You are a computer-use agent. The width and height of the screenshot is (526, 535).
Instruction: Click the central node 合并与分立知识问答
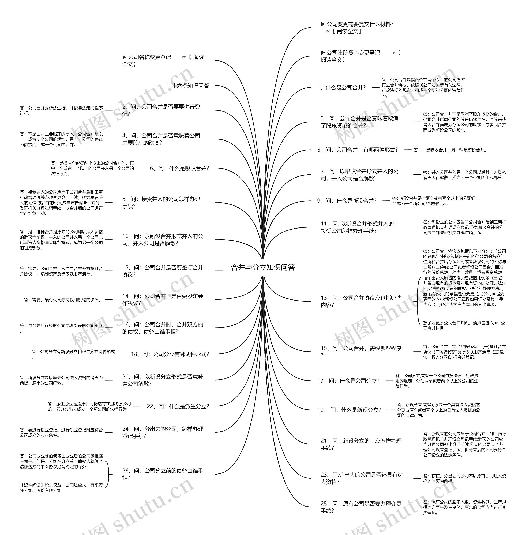tap(263, 267)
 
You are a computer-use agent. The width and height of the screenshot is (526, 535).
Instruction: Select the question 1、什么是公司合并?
tap(341, 88)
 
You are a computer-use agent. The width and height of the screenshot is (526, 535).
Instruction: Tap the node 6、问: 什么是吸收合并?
tap(179, 168)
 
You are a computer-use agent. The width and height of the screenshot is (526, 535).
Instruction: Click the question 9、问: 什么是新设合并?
tap(346, 201)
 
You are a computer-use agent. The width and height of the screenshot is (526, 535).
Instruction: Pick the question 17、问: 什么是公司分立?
tap(348, 381)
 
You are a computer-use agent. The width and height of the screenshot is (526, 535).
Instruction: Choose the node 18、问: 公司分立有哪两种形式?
tap(170, 354)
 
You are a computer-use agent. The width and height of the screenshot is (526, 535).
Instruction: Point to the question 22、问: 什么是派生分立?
tap(178, 406)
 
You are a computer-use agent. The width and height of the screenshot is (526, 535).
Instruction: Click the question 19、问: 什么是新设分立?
tap(349, 410)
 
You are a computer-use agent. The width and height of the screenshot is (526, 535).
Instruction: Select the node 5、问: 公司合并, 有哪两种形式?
tap(357, 150)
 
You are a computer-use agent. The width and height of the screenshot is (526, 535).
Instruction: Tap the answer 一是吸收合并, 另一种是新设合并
tap(450, 150)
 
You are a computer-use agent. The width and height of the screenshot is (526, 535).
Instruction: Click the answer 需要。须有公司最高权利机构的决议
tap(63, 299)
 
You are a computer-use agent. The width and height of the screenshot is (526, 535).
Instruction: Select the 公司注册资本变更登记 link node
tap(361, 56)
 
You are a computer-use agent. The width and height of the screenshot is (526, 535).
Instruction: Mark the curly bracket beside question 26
tap(109, 474)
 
